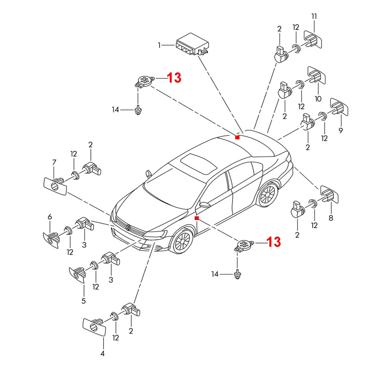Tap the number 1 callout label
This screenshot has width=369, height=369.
[159, 45]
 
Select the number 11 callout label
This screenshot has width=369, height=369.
[314, 17]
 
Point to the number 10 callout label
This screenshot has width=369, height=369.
[318, 99]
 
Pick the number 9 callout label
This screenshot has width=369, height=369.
[341, 131]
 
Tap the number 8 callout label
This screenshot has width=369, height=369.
[331, 218]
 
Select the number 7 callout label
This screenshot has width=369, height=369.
[54, 162]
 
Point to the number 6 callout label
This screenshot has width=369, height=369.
[50, 217]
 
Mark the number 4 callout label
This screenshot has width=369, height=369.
[102, 354]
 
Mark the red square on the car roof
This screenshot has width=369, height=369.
[237, 137]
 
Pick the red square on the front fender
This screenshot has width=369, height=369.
[196, 218]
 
